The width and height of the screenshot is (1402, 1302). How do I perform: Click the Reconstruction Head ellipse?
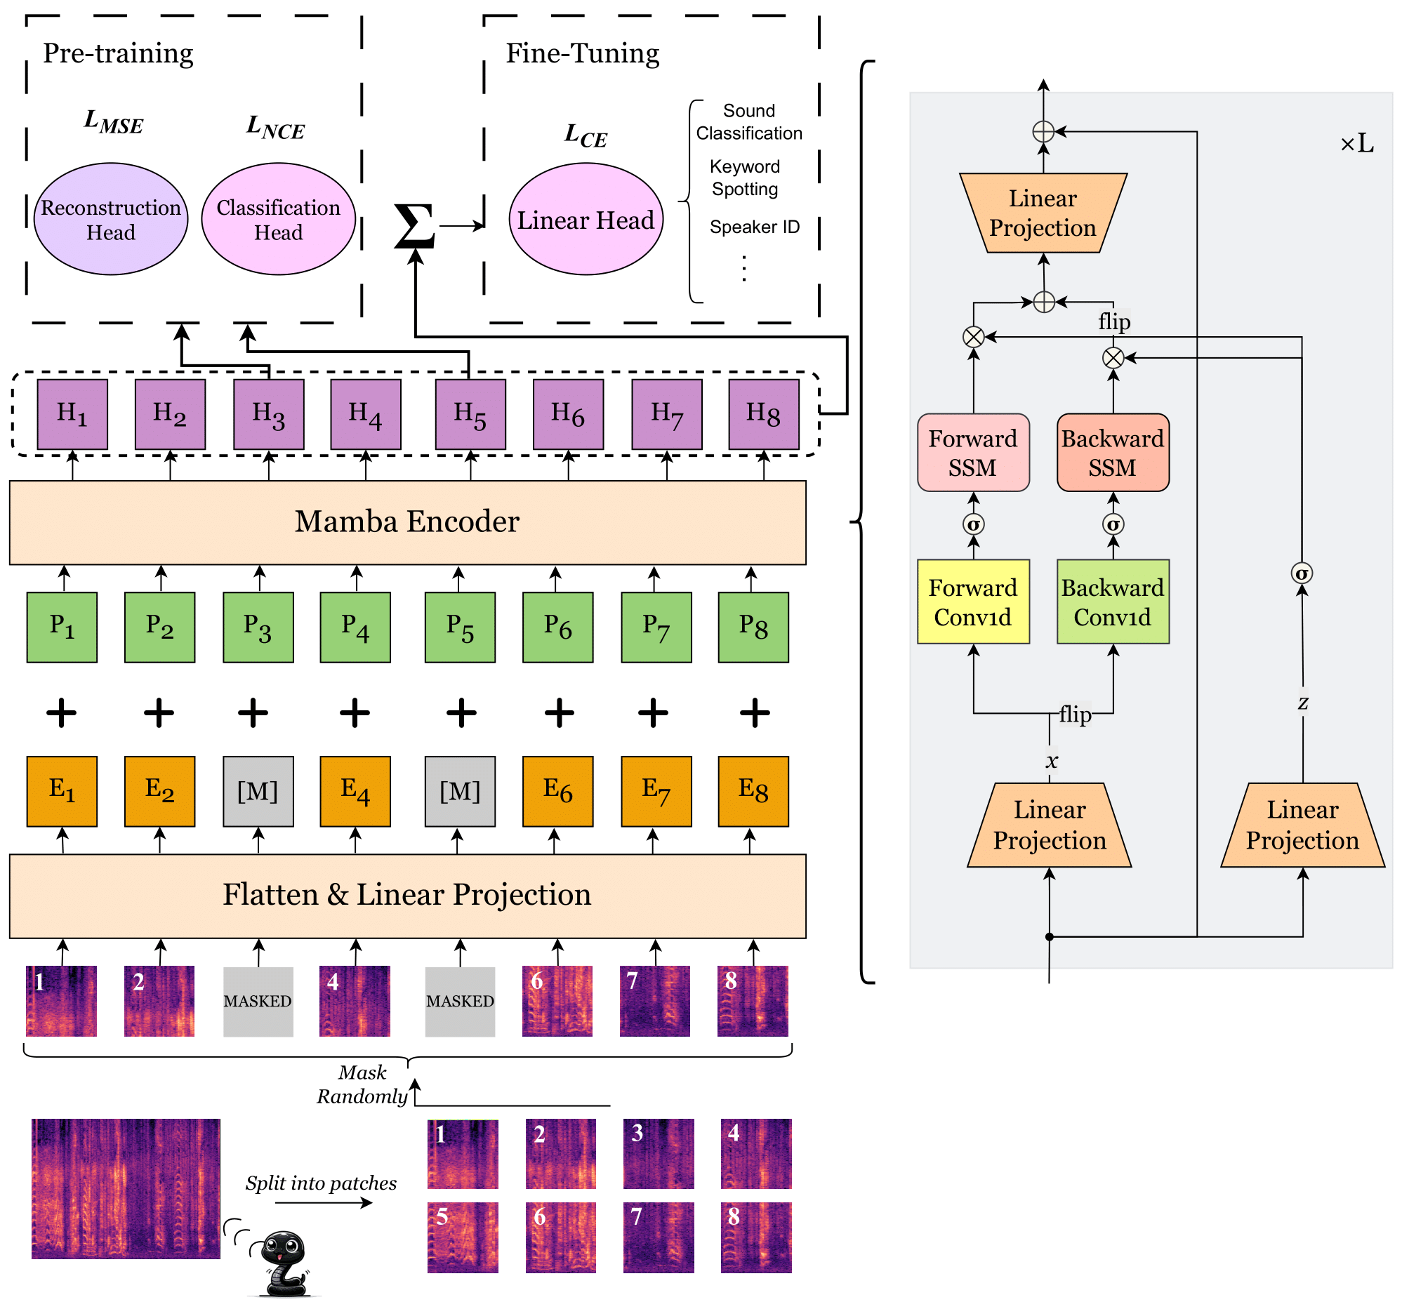pyautogui.click(x=111, y=219)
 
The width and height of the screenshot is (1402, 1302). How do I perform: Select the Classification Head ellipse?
pyautogui.click(x=278, y=219)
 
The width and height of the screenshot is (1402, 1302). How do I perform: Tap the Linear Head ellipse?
pyautogui.click(x=586, y=219)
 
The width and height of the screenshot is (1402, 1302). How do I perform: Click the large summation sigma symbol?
pyautogui.click(x=414, y=225)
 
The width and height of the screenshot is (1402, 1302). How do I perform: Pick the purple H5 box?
pyautogui.click(x=470, y=414)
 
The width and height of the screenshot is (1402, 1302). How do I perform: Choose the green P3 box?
pyautogui.click(x=258, y=627)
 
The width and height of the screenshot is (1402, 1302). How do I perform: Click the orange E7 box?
pyautogui.click(x=656, y=791)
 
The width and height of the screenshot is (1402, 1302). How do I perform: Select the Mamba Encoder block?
pyautogui.click(x=408, y=523)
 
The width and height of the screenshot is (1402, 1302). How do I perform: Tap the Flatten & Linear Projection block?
pyautogui.click(x=408, y=896)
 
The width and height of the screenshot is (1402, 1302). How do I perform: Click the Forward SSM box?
pyautogui.click(x=974, y=452)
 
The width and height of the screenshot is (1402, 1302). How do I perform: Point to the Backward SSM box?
pyautogui.click(x=1113, y=452)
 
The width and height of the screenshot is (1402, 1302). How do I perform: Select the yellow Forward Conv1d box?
pyautogui.click(x=974, y=602)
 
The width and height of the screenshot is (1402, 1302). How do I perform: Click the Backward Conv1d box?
pyautogui.click(x=1113, y=602)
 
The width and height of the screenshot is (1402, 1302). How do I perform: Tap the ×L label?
pyautogui.click(x=1356, y=145)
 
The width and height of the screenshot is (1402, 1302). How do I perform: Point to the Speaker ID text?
pyautogui.click(x=755, y=227)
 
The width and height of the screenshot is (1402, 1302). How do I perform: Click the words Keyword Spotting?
pyautogui.click(x=745, y=178)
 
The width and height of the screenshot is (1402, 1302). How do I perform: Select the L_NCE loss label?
pyautogui.click(x=275, y=127)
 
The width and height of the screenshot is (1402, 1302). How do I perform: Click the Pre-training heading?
pyautogui.click(x=119, y=53)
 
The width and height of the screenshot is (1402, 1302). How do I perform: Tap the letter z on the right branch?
pyautogui.click(x=1304, y=703)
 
